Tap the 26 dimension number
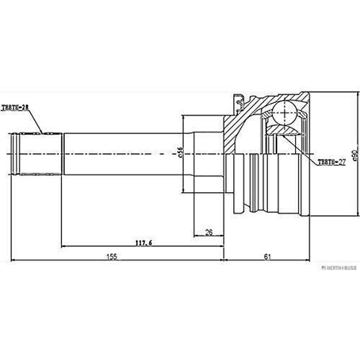point(208,231)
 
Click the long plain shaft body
point(122,153)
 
